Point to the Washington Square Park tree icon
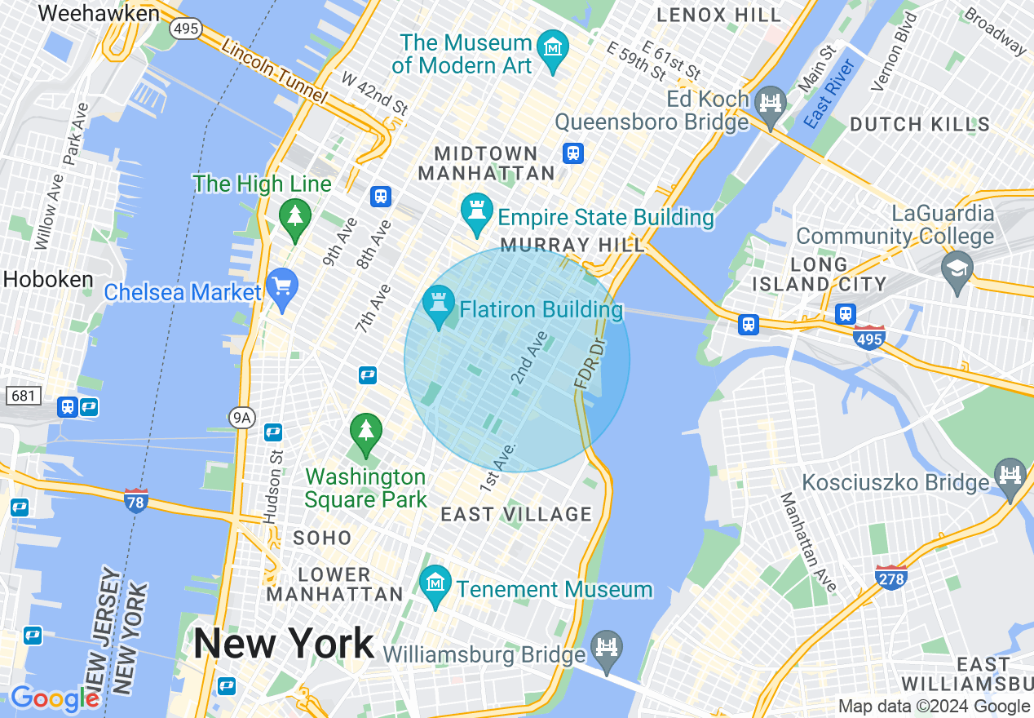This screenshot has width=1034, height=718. tap(365, 431)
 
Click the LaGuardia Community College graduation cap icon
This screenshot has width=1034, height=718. tap(957, 268)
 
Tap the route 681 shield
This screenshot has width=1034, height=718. tap(22, 396)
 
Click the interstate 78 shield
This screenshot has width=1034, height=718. tap(136, 500)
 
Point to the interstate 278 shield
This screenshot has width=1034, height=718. tap(890, 576)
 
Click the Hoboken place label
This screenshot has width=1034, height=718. tap(48, 279)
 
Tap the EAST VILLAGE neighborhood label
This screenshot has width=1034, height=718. tap(516, 514)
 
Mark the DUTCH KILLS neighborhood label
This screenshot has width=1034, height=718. tap(920, 125)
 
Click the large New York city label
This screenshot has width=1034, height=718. tap(284, 644)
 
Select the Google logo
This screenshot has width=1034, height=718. tap(54, 698)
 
